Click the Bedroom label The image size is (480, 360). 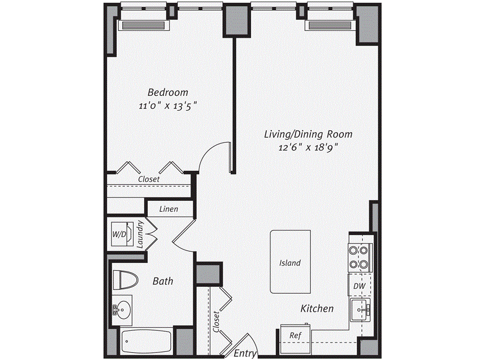(x=168, y=92)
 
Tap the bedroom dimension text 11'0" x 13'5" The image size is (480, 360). (x=168, y=106)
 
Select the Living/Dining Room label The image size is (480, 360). (x=308, y=134)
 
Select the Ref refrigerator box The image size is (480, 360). (x=294, y=335)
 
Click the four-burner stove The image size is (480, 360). (x=358, y=257)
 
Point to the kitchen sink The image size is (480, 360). (x=361, y=310)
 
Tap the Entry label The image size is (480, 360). (x=245, y=354)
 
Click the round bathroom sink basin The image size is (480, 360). (x=123, y=309)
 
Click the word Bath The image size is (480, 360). (x=163, y=281)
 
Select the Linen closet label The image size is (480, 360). (x=169, y=209)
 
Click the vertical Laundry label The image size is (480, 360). (x=140, y=235)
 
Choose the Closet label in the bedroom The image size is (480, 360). (x=148, y=179)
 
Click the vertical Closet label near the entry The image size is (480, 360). (x=216, y=322)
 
